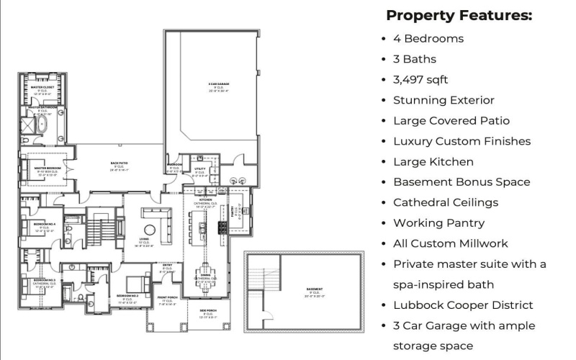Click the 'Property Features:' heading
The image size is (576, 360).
coord(459,15)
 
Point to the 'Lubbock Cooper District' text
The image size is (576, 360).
coord(463,305)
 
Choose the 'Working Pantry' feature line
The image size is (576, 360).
coord(438,223)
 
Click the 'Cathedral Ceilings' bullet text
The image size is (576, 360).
coord(445,202)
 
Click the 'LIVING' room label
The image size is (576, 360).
coord(143,238)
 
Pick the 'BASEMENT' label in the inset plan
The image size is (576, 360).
coord(315,289)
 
